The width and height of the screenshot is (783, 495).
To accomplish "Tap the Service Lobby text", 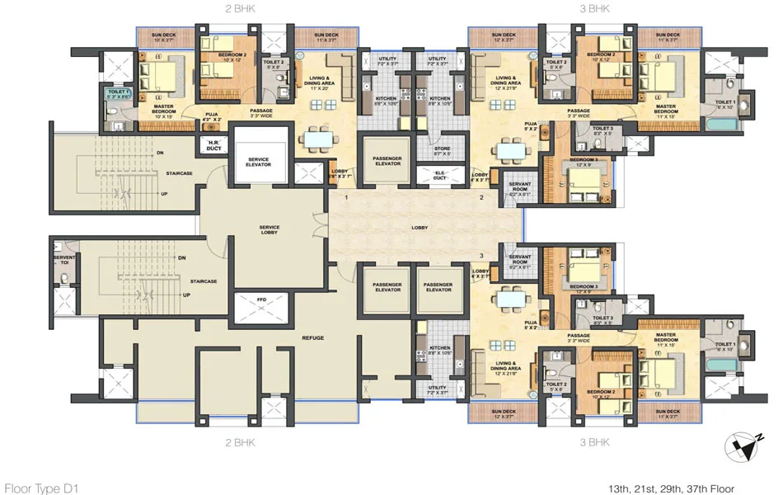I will coord(269,229).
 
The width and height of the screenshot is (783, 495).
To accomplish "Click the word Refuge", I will coord(312,337).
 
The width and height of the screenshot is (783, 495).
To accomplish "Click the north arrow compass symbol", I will coord(748,447).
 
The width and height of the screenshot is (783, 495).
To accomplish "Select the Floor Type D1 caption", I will coord(40,488).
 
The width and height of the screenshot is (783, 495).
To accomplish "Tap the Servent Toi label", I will coord(64,262).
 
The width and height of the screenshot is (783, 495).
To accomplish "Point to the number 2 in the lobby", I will coord(481,199).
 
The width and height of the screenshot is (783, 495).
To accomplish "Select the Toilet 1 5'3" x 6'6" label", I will coord(118,94).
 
